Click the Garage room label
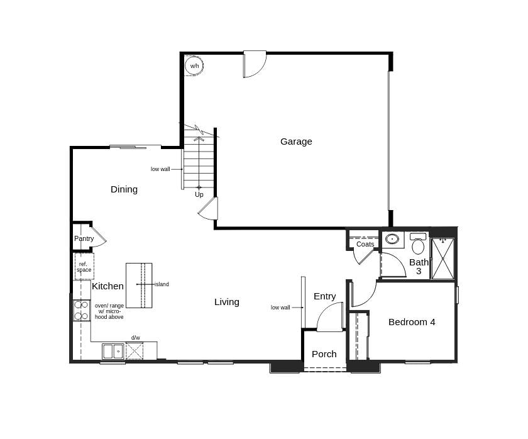(296, 142)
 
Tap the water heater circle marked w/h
(194, 66)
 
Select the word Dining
(124, 189)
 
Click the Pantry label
(84, 239)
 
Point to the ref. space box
(84, 267)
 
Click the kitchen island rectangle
(138, 285)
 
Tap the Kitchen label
(108, 286)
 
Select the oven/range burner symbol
(82, 310)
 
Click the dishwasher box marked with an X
(135, 351)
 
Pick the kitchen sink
(113, 351)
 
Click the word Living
(227, 302)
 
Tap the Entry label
(324, 296)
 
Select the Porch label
(324, 354)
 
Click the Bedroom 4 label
(412, 322)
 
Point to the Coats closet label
(365, 244)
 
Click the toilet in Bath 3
(418, 244)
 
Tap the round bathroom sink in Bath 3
(392, 239)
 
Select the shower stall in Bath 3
(443, 258)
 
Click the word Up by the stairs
(199, 194)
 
